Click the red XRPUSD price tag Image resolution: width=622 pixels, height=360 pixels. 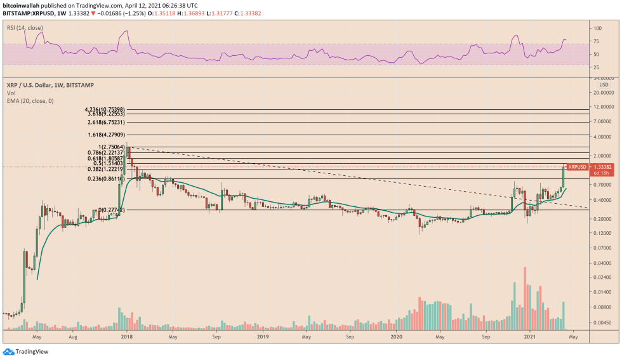(x=576, y=167)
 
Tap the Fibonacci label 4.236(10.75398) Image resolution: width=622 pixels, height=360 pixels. (x=106, y=109)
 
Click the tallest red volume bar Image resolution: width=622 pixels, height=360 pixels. (x=525, y=298)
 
